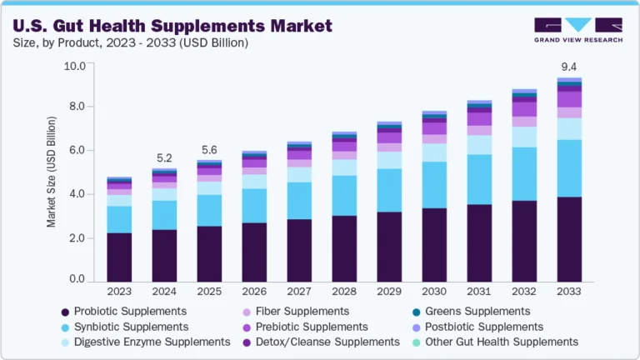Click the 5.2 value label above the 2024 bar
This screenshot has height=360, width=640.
tap(164, 158)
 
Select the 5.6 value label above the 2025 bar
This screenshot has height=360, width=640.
tap(209, 150)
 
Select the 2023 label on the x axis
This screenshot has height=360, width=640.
tap(119, 292)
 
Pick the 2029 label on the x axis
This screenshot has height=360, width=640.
tap(390, 292)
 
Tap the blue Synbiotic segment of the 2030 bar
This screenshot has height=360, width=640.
tap(435, 185)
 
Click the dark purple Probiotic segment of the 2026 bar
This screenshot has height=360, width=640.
tap(254, 252)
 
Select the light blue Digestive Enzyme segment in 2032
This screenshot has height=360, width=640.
tap(525, 137)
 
